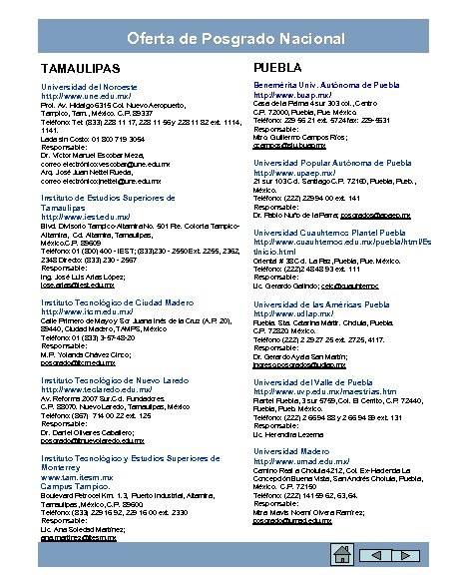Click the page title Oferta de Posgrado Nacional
click(226, 38)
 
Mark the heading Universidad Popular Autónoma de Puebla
click(332, 162)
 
